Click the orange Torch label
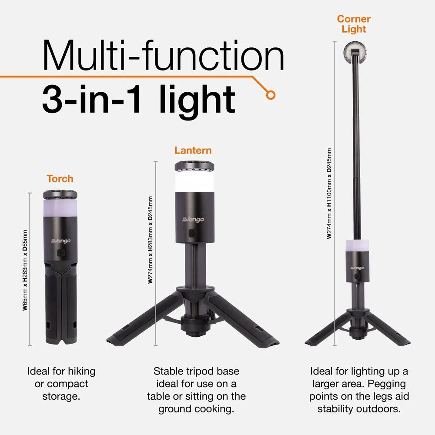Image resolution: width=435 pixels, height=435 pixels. pos(60,179)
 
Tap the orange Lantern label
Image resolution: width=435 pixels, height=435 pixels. pos(193,151)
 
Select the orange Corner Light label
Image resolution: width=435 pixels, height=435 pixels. pos(354,24)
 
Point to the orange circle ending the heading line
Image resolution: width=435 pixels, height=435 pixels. pos(271,94)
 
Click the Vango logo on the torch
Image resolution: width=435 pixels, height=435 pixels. pos(60,241)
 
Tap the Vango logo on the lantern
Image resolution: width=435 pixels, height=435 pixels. pos(193,220)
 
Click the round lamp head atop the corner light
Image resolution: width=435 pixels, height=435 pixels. pos(354,51)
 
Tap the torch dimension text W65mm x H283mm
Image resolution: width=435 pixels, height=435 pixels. pos(25,270)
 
